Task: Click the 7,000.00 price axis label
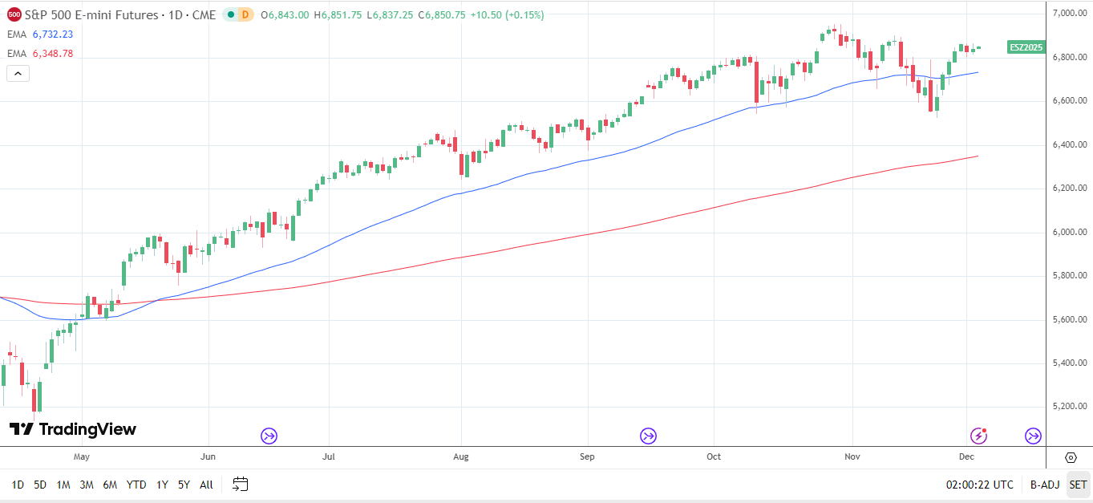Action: (x=1070, y=14)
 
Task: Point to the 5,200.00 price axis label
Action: (x=1070, y=407)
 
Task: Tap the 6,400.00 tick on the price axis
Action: (x=1070, y=144)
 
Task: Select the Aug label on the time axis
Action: (x=460, y=456)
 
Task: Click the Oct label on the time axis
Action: (x=713, y=456)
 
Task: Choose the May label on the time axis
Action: (x=81, y=456)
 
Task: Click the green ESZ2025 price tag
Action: (x=1026, y=47)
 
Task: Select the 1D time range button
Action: (x=18, y=485)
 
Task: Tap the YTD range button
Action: (x=136, y=485)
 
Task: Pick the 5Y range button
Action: (x=184, y=485)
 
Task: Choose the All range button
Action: (x=206, y=485)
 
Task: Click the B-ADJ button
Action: (x=1044, y=485)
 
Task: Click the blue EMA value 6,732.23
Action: (x=52, y=34)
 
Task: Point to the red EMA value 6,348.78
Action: (x=52, y=54)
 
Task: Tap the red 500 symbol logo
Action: (x=14, y=14)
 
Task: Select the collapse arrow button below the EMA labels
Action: (x=18, y=73)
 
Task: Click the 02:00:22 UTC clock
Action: (x=979, y=485)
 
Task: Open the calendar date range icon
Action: (x=241, y=484)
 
